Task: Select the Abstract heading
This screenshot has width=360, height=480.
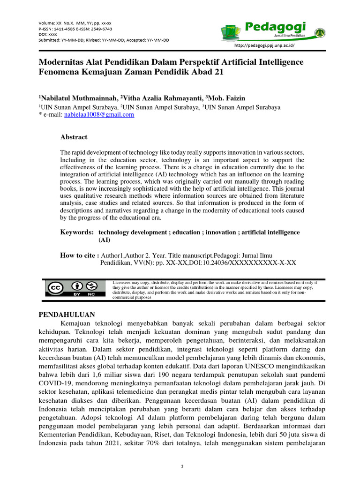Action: point(74,137)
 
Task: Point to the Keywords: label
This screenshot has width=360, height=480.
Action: point(77,232)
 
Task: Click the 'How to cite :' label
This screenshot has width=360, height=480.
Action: point(80,255)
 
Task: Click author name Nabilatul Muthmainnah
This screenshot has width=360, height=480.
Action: point(77,98)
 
